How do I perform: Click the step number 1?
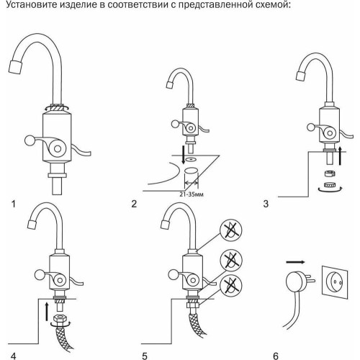(14, 204)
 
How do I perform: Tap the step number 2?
(134, 204)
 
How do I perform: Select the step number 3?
(266, 204)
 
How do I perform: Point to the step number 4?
(14, 356)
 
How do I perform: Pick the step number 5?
(145, 356)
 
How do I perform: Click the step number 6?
(276, 356)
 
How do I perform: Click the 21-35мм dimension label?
(192, 194)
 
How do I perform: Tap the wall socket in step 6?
(335, 282)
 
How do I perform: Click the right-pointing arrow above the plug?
(295, 262)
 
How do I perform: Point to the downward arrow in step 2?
(184, 155)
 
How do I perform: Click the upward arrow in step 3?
(340, 156)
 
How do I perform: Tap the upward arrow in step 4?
(47, 312)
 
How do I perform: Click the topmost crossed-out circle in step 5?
(231, 230)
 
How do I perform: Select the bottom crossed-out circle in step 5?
(231, 285)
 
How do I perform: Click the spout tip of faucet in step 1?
(15, 67)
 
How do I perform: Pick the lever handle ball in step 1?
(30, 141)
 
